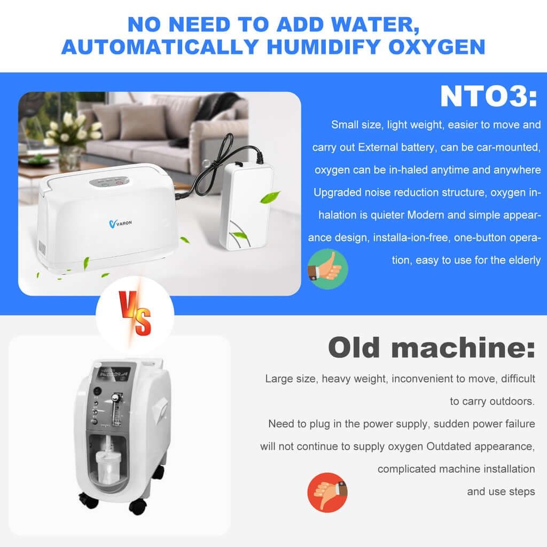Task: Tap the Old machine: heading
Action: pyautogui.click(x=431, y=348)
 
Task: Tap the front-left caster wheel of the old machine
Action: pyautogui.click(x=87, y=501)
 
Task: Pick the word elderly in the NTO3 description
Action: pyautogui.click(x=526, y=260)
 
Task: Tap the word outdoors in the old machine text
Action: pyautogui.click(x=513, y=401)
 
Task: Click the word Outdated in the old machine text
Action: pyautogui.click(x=450, y=446)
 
